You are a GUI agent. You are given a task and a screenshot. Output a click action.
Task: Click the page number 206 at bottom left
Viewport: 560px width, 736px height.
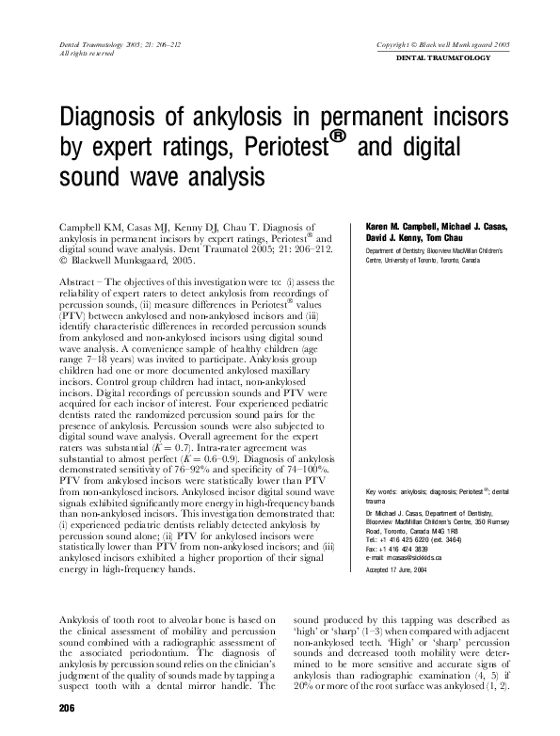point(67,708)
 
